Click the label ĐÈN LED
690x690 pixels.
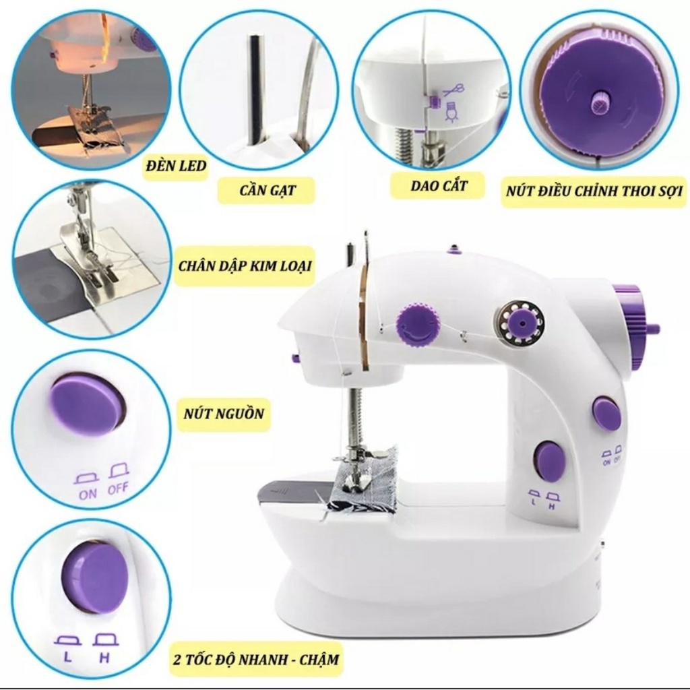pyautogui.click(x=176, y=166)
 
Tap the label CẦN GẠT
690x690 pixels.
pyautogui.click(x=267, y=191)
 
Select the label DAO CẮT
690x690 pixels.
pyautogui.click(x=438, y=186)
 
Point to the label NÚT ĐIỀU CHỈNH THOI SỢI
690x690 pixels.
pyautogui.click(x=594, y=191)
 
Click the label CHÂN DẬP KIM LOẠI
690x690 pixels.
pyautogui.click(x=245, y=266)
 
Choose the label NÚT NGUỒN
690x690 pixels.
pyautogui.click(x=224, y=414)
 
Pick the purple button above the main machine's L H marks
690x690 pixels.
pyautogui.click(x=550, y=460)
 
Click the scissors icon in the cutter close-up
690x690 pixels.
pyautogui.click(x=454, y=90)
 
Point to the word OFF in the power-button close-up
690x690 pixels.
pyautogui.click(x=119, y=489)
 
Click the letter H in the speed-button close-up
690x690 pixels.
pyautogui.click(x=104, y=658)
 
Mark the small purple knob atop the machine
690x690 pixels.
pyautogui.click(x=453, y=251)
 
